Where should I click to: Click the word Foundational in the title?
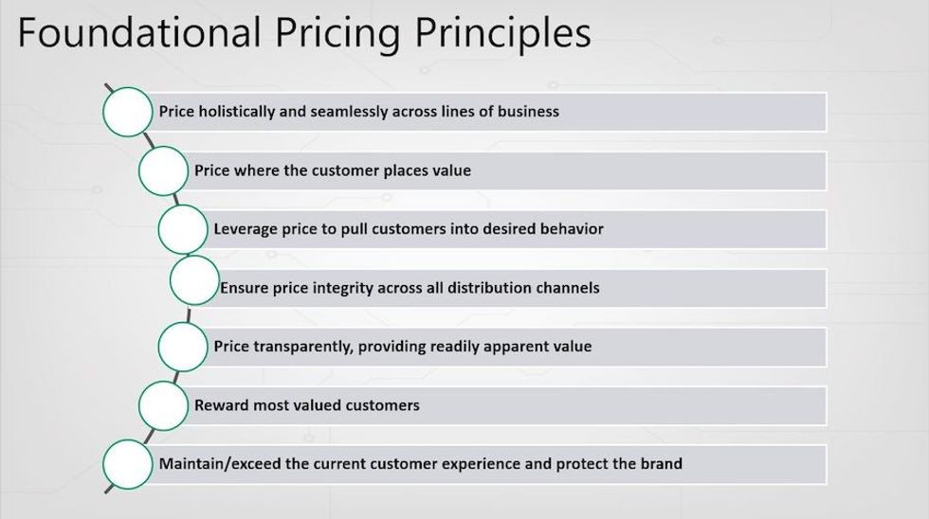(138, 31)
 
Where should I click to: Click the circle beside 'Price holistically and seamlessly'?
(127, 112)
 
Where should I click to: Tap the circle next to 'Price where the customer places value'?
(163, 170)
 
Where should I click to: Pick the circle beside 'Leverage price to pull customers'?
(183, 229)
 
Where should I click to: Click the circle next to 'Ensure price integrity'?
(194, 281)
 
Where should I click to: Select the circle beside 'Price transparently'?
(183, 346)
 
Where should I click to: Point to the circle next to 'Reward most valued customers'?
(163, 405)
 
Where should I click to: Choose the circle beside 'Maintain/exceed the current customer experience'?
(127, 464)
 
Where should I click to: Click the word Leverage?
(246, 229)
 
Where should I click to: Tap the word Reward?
(222, 405)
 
